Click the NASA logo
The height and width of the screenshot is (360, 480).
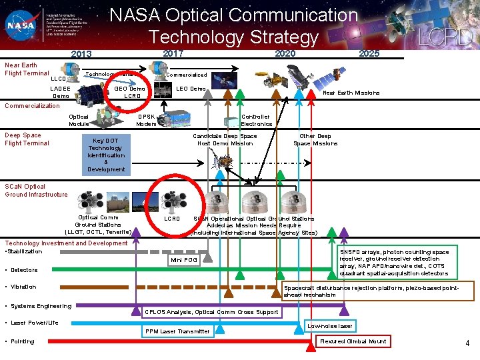tap(20, 25)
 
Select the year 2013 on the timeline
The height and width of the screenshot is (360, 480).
tap(82, 54)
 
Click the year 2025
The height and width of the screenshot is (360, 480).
tap(369, 53)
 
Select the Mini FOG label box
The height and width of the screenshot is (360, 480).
tap(184, 259)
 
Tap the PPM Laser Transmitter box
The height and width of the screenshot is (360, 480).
tap(177, 331)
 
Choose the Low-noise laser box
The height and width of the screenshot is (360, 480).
tap(330, 325)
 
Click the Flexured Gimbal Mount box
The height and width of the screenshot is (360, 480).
tap(353, 341)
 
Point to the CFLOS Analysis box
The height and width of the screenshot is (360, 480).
tap(213, 312)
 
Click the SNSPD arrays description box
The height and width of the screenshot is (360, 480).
tap(398, 263)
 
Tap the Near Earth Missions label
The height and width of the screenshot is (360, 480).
tap(351, 93)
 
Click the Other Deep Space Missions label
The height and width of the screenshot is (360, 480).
tap(315, 140)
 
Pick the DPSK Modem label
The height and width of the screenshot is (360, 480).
tap(146, 120)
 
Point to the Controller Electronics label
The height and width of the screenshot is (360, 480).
tap(256, 120)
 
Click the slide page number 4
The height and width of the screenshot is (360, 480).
tap(467, 343)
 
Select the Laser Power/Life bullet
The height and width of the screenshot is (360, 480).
tap(35, 323)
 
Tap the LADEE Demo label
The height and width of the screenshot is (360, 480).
tap(61, 92)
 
